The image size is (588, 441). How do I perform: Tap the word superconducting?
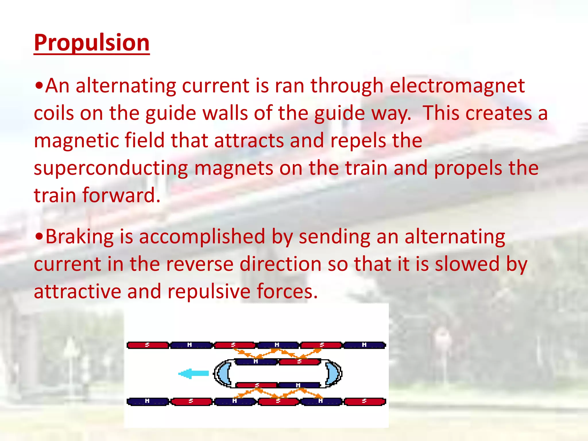111,168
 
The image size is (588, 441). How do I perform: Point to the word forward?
121,196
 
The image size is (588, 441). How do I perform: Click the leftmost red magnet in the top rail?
148,345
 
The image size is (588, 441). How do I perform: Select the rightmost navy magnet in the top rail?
364,345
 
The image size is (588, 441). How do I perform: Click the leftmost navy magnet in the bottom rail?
148,401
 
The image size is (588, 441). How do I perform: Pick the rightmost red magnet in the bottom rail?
364,401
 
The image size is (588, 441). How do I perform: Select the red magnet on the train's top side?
300,361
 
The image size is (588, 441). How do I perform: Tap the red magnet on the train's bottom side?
257,385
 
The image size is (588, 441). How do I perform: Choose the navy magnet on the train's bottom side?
299,385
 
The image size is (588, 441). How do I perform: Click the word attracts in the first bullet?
249,141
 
